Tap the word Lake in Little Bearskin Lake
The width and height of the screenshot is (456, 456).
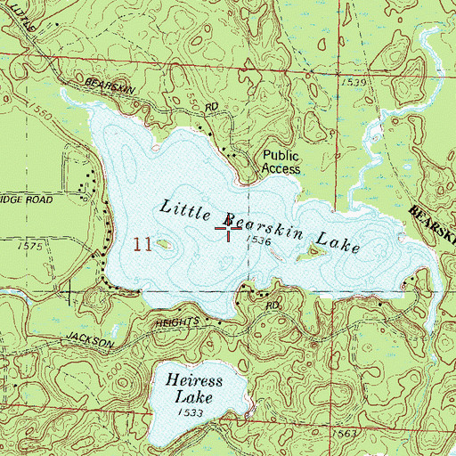[x=342, y=242]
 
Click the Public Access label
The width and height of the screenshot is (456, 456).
[x=281, y=160]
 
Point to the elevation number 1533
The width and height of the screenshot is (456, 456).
[x=189, y=413]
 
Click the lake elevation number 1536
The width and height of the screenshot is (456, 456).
[x=257, y=241]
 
